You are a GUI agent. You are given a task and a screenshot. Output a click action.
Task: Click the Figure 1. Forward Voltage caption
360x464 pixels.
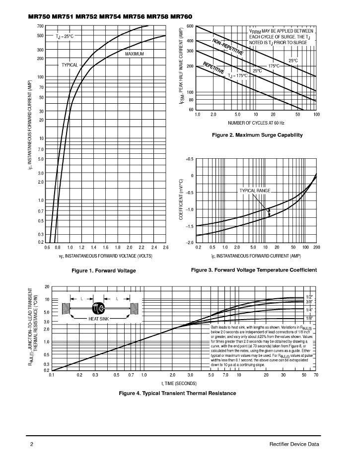coord(104,270)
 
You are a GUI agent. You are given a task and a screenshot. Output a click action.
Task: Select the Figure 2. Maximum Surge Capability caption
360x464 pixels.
coord(257,135)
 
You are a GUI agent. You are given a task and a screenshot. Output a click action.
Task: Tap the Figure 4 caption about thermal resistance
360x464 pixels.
coord(177,393)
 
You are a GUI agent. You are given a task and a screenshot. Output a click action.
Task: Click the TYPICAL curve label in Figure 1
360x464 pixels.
coord(70,65)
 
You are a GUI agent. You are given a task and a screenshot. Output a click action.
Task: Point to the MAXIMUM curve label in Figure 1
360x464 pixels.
coord(135,54)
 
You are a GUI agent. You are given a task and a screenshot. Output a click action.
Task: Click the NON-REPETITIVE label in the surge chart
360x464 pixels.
coord(227,47)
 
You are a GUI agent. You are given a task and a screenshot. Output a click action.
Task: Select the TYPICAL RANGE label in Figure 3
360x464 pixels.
coord(255,191)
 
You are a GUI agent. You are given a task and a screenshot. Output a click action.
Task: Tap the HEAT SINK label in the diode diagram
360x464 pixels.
coord(99,319)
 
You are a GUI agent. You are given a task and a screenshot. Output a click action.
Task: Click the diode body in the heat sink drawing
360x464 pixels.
coord(98,308)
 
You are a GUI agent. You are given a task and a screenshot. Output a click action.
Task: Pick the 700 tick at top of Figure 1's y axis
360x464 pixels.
coord(40,26)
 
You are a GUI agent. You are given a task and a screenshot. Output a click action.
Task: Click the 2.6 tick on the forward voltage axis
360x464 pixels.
coord(165,248)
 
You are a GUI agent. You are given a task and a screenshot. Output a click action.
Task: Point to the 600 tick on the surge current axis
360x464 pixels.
coord(190,26)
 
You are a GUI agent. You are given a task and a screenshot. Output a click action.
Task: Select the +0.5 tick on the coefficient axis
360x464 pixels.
coord(190,159)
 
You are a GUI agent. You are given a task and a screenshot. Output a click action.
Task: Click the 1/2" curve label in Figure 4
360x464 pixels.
coord(309,297)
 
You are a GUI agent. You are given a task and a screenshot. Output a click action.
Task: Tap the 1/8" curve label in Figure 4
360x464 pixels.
coord(309,319)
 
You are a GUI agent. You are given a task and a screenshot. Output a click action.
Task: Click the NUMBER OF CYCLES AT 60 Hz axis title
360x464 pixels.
coord(256,123)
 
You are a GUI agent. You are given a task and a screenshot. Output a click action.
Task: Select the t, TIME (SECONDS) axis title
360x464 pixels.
coord(179,384)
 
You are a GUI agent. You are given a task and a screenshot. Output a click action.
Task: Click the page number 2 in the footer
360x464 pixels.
coord(32,444)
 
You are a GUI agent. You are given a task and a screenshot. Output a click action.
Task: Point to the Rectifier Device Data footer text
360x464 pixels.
coord(294,444)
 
